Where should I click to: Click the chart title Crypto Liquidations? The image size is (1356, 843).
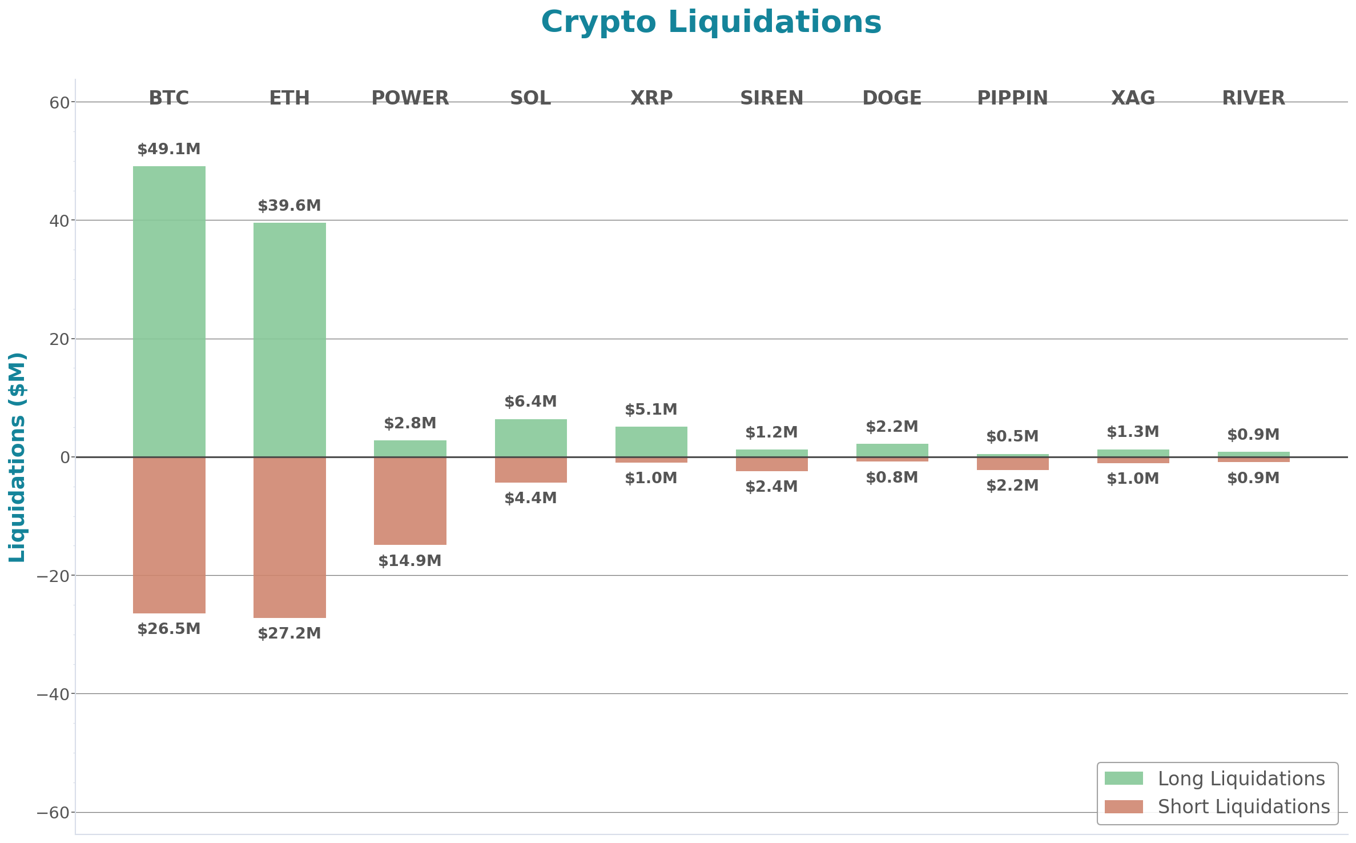point(711,23)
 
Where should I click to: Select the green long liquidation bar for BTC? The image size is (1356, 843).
point(169,311)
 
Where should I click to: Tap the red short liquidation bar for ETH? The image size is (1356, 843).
point(289,537)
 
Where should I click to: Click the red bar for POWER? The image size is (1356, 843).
point(410,501)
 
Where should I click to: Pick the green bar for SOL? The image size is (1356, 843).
point(530,438)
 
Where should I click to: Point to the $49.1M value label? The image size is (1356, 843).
point(169,150)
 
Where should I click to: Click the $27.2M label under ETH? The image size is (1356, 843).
point(289,633)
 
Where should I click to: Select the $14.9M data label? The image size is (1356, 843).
point(410,561)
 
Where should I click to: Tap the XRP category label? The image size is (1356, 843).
point(651,98)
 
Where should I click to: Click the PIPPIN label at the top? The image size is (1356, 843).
point(1012,98)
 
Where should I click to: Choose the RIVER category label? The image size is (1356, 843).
point(1253,98)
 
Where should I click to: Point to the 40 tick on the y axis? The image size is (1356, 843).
point(59,221)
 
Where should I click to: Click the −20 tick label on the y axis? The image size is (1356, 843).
point(53,576)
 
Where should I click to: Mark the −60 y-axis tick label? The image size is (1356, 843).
point(53,813)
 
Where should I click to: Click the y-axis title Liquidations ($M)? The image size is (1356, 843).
point(17,457)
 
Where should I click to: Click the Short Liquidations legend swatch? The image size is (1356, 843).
point(1123,806)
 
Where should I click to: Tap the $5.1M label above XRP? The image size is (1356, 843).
point(651,410)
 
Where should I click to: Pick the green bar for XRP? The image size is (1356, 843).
point(651,441)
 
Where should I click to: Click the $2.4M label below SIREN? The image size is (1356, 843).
point(771,487)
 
